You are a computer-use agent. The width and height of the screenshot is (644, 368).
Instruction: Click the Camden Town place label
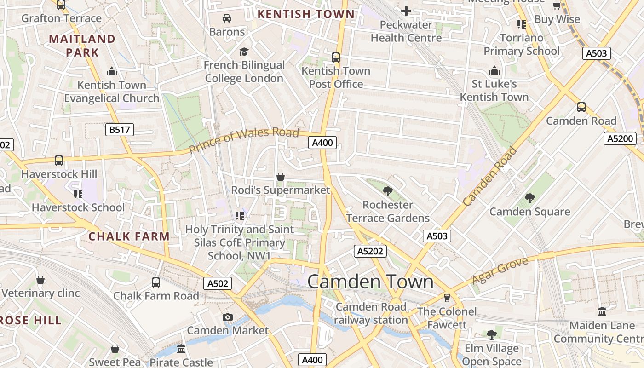click(370, 282)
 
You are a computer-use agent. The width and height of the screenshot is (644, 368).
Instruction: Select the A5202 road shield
click(370, 251)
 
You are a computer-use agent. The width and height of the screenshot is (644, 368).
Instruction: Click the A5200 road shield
click(620, 138)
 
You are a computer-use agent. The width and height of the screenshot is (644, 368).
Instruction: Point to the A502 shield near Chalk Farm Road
click(218, 283)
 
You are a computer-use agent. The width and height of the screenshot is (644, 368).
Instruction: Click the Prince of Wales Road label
click(244, 140)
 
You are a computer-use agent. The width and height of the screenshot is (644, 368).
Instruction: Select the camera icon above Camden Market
click(227, 317)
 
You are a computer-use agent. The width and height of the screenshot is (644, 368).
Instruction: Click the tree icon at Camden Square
click(529, 198)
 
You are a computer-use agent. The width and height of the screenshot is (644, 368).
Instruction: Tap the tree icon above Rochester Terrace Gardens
click(387, 191)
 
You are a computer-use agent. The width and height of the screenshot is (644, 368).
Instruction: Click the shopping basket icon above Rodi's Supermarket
click(280, 177)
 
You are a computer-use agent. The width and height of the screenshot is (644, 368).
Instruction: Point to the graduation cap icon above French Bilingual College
click(244, 52)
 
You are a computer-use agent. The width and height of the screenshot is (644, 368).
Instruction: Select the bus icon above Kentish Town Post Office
click(336, 57)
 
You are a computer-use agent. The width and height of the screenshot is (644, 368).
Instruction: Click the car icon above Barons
click(226, 18)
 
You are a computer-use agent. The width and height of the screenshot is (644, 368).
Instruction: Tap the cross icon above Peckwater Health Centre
click(406, 11)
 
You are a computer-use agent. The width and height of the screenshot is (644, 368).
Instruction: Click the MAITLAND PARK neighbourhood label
click(82, 46)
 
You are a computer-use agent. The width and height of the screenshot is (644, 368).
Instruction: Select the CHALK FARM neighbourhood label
click(129, 236)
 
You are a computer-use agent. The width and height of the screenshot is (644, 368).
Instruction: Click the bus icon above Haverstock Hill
click(59, 161)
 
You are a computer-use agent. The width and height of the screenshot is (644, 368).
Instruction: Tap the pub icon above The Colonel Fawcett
click(446, 298)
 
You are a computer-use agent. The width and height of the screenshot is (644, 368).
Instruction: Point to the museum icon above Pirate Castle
click(181, 349)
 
